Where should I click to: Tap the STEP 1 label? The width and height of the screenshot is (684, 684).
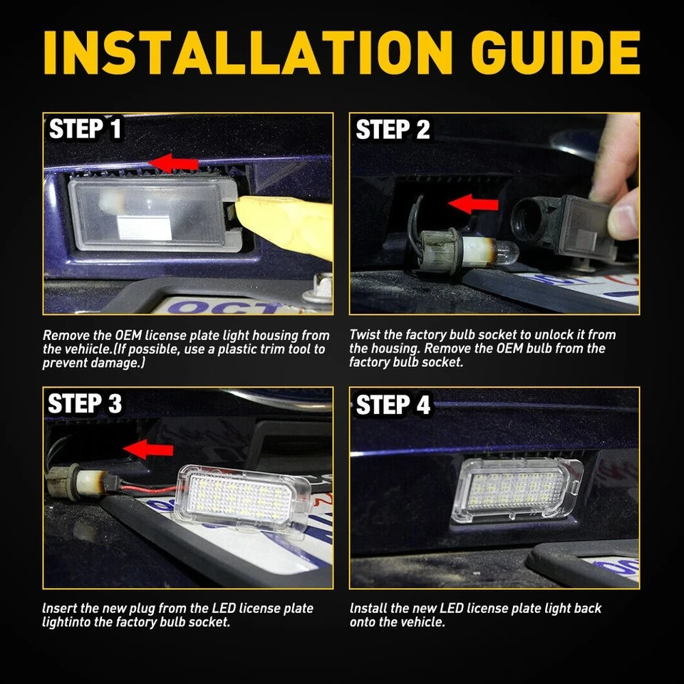85,130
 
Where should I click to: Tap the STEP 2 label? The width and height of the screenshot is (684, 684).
393,130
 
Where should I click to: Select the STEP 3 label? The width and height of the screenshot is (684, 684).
85,404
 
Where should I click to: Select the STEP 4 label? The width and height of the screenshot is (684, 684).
393,405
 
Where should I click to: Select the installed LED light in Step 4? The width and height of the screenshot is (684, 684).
517,489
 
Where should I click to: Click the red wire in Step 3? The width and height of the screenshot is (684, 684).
142,489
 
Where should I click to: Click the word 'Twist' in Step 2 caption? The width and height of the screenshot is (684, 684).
366,334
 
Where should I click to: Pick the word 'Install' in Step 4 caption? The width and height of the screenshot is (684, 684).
369,608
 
